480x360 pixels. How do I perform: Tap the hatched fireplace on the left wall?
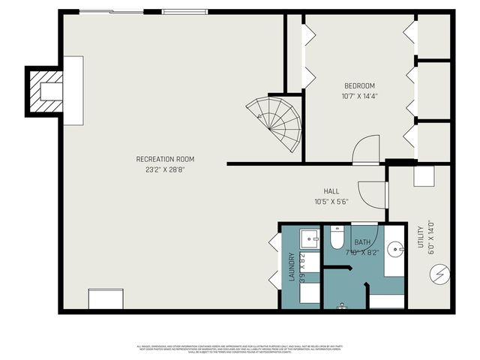(x=44, y=91)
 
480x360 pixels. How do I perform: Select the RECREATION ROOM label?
(x=165, y=159)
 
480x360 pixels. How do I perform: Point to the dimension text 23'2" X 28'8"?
(x=165, y=169)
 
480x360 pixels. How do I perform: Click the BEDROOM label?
(x=359, y=85)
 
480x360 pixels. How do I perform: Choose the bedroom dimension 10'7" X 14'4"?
(x=359, y=96)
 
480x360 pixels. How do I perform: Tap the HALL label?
(x=332, y=191)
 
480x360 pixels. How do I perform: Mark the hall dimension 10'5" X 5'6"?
(x=332, y=202)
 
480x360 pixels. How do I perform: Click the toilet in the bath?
(x=337, y=239)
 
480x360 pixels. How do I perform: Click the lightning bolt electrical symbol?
(x=439, y=275)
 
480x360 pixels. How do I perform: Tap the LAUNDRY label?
(x=291, y=268)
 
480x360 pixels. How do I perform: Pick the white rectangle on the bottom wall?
(x=104, y=298)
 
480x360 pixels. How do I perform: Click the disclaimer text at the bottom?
(x=240, y=348)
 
